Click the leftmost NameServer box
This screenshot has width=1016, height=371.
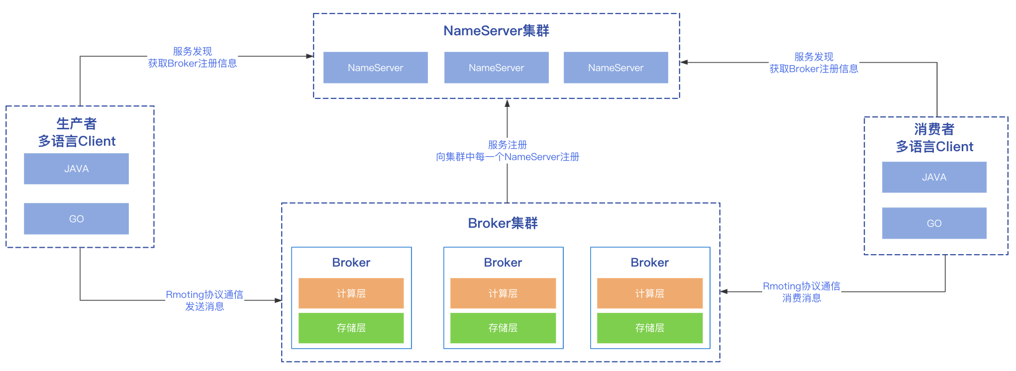(x=375, y=68)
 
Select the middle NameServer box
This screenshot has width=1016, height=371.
(x=496, y=68)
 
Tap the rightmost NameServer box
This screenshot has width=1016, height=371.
(x=615, y=68)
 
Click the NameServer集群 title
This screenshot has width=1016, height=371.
(x=496, y=31)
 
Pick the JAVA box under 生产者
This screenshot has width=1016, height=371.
(x=76, y=169)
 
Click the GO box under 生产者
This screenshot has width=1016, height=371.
(x=76, y=219)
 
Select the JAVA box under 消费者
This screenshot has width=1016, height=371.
(x=934, y=178)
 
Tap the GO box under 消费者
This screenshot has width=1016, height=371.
(x=934, y=223)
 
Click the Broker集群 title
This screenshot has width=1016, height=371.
(x=503, y=223)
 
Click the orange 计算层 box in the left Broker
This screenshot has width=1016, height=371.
(x=351, y=293)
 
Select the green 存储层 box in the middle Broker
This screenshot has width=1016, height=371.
(x=503, y=328)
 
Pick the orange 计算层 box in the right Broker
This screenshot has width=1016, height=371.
(x=649, y=293)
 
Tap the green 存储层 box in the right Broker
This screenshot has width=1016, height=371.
(x=649, y=328)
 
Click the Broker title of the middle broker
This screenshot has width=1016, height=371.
(x=503, y=263)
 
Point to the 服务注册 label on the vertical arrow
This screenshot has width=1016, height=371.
(x=507, y=145)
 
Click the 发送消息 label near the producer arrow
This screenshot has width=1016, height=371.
(x=204, y=307)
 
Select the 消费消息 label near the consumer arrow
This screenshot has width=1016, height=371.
(x=802, y=298)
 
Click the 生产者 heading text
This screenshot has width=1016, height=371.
(x=76, y=123)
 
